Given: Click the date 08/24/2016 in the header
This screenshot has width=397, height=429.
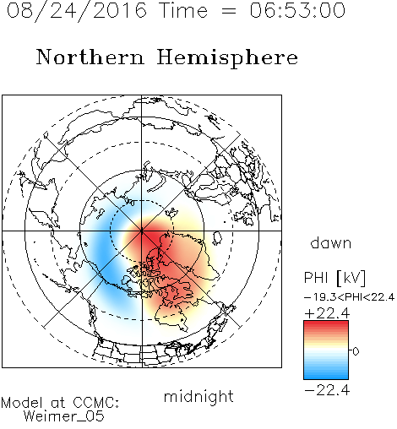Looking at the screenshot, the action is tap(77, 11).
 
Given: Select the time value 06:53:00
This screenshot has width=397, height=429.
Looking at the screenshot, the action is tap(297, 10).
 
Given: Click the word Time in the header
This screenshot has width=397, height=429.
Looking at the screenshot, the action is tap(184, 10).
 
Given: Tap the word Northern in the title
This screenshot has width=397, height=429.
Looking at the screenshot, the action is tap(90, 57).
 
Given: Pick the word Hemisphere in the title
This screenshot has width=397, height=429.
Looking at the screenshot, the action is tap(227, 58).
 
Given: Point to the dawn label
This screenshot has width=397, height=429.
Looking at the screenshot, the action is tap(331, 242).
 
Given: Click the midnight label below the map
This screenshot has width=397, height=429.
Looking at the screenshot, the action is tap(198, 396).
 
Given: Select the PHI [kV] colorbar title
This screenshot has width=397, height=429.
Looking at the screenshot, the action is tap(334, 278).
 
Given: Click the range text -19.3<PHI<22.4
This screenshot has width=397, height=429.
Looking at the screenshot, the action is tap(350, 297).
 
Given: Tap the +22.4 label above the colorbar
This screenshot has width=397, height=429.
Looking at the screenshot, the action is tap(327, 313).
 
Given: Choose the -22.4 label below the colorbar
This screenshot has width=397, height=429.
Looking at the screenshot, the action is tap(327, 390).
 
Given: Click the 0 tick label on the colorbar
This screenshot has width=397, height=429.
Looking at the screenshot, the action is tap(356, 351).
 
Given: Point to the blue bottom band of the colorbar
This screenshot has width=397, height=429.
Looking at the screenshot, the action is tap(326, 375).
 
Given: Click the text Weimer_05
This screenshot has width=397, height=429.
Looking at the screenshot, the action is tap(64, 416).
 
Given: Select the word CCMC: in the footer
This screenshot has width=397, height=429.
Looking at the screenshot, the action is tap(96, 403).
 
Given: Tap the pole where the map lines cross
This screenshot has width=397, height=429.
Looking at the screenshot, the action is tap(142, 231).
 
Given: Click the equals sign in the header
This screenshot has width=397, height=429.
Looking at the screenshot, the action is tap(229, 11).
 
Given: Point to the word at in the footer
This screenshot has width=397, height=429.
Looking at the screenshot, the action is tap(57, 404).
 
